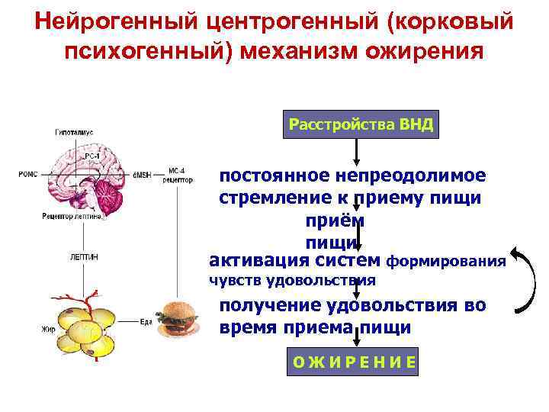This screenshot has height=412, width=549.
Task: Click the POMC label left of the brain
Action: pos(27,175)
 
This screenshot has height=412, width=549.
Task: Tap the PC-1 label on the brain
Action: pos(91,156)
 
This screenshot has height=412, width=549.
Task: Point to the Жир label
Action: pos(47,330)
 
